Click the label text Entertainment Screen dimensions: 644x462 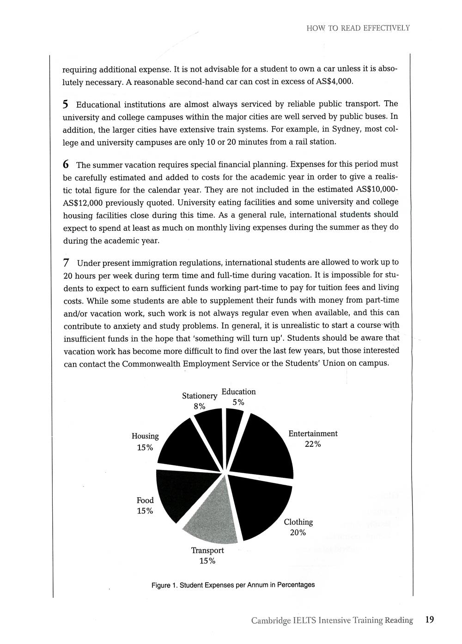click(313, 433)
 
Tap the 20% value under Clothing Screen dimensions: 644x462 click(298, 532)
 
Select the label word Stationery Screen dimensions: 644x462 click(199, 396)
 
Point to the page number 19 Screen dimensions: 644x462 click(429, 620)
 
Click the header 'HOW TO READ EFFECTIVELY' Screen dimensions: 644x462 click(358, 28)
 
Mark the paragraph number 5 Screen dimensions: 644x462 click(66, 104)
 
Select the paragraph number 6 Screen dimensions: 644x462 click(66, 164)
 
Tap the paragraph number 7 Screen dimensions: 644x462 click(67, 263)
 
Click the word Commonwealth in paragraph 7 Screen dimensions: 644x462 click(151, 364)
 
